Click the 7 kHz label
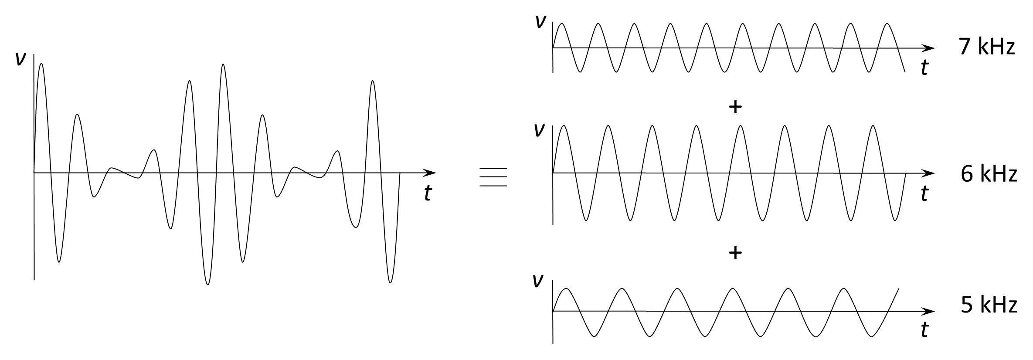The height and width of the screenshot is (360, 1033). [987, 47]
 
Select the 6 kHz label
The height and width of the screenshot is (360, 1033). [989, 174]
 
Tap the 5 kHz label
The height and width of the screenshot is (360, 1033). [989, 305]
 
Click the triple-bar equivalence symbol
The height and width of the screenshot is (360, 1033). [493, 177]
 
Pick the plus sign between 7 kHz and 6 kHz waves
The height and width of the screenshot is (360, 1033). [735, 107]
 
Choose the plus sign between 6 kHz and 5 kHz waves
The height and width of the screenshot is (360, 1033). [735, 252]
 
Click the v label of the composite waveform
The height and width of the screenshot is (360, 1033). [20, 59]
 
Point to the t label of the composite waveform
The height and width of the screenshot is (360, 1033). [428, 193]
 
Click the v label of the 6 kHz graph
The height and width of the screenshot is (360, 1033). [539, 130]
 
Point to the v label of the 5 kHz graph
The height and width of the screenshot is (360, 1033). [538, 281]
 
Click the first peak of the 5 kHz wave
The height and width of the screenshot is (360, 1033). [566, 289]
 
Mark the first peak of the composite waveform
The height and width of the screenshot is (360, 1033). [41, 64]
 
